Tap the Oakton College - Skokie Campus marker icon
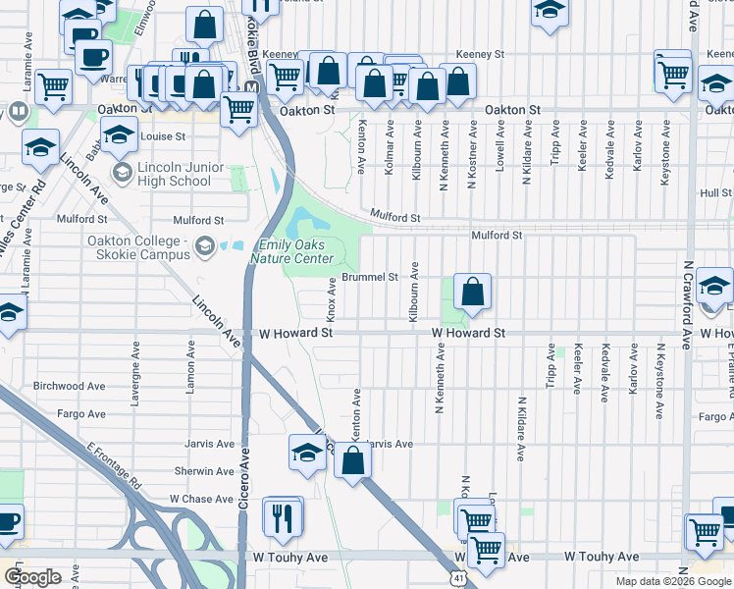point(205,244)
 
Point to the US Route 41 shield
point(457,581)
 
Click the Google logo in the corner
point(32,577)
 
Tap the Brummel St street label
point(369,277)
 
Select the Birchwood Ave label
point(70,387)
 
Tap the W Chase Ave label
point(201,499)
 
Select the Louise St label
point(162,136)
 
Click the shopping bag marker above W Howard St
point(472,292)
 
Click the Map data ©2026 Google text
point(674,581)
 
